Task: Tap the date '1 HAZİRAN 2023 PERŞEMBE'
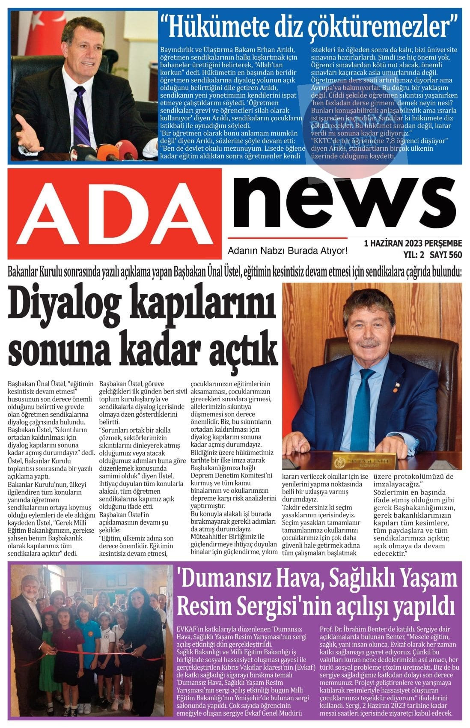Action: pyautogui.click(x=413, y=244)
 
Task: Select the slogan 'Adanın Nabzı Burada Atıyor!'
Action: pyautogui.click(x=287, y=250)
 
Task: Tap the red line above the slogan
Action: pyautogui.click(x=287, y=238)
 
